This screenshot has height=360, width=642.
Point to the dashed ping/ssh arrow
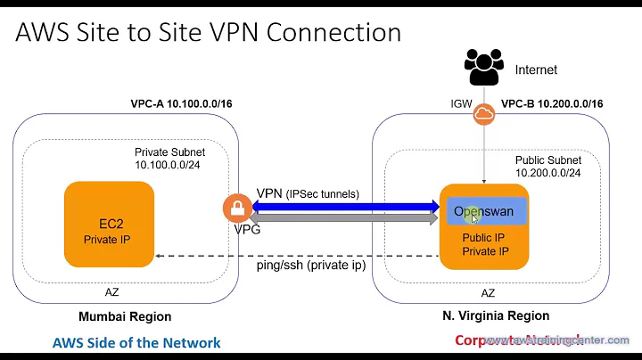pyautogui.click(x=294, y=257)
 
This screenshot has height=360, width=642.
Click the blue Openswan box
pyautogui.click(x=486, y=211)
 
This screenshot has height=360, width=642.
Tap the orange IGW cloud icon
pyautogui.click(x=484, y=114)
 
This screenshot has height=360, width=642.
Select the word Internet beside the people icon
pyautogui.click(x=536, y=69)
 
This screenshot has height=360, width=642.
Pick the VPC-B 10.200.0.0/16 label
pyautogui.click(x=552, y=103)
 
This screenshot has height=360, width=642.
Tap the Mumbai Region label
pyautogui.click(x=124, y=315)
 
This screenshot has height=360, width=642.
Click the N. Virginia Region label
pyautogui.click(x=496, y=315)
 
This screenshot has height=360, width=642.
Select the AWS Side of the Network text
pyautogui.click(x=136, y=341)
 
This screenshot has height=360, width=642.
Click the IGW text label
pyautogui.click(x=460, y=104)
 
